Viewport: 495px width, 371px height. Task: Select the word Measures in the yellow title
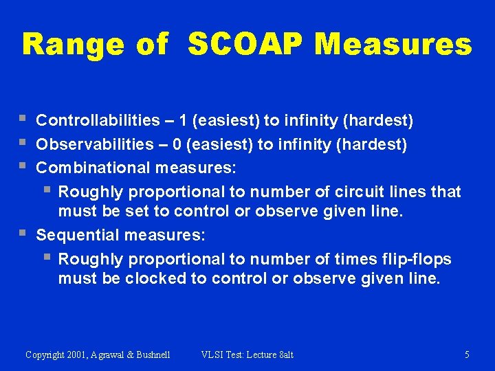pyautogui.click(x=393, y=45)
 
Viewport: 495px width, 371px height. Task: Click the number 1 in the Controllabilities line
pyautogui.click(x=183, y=121)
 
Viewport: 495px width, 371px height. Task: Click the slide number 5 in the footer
pyautogui.click(x=467, y=355)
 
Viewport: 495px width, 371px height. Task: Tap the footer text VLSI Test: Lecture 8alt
pyautogui.click(x=247, y=355)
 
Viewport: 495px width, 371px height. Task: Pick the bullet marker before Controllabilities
pyautogui.click(x=25, y=120)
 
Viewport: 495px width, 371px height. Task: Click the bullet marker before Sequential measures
pyautogui.click(x=25, y=235)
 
